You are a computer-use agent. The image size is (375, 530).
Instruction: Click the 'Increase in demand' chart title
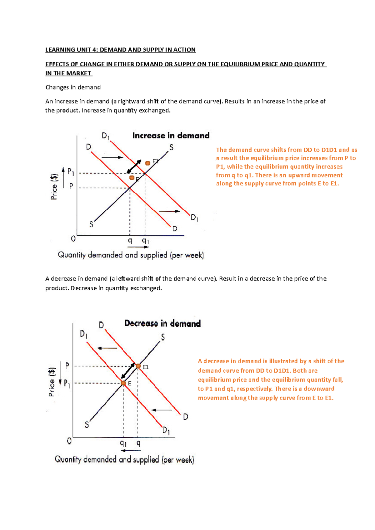pyautogui.click(x=171, y=135)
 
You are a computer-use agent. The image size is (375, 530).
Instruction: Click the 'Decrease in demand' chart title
pyautogui.click(x=162, y=323)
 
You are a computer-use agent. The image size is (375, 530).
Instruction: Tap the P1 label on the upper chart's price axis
pyautogui.click(x=71, y=172)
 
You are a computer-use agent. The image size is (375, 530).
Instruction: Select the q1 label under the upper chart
pyautogui.click(x=146, y=241)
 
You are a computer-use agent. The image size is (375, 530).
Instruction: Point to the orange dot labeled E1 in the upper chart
pyautogui.click(x=148, y=163)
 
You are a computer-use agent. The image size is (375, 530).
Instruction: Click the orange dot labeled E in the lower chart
pyautogui.click(x=123, y=383)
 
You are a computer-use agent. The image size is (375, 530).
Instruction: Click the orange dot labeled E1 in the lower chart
pyautogui.click(x=138, y=366)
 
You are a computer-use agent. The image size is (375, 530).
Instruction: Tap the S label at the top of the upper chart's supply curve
pyautogui.click(x=171, y=147)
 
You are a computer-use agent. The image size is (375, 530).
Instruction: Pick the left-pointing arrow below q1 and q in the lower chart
pyautogui.click(x=131, y=450)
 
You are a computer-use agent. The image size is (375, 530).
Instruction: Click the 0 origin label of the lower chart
pyautogui.click(x=69, y=441)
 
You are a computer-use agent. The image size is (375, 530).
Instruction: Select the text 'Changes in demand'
pyautogui.click(x=73, y=87)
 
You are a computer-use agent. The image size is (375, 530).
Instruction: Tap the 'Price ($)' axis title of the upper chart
pyautogui.click(x=54, y=187)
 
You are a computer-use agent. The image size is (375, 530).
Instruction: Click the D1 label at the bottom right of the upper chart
pyautogui.click(x=194, y=218)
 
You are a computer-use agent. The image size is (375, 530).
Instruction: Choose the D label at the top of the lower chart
pyautogui.click(x=101, y=325)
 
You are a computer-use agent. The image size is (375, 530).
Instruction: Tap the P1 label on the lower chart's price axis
pyautogui.click(x=67, y=383)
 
